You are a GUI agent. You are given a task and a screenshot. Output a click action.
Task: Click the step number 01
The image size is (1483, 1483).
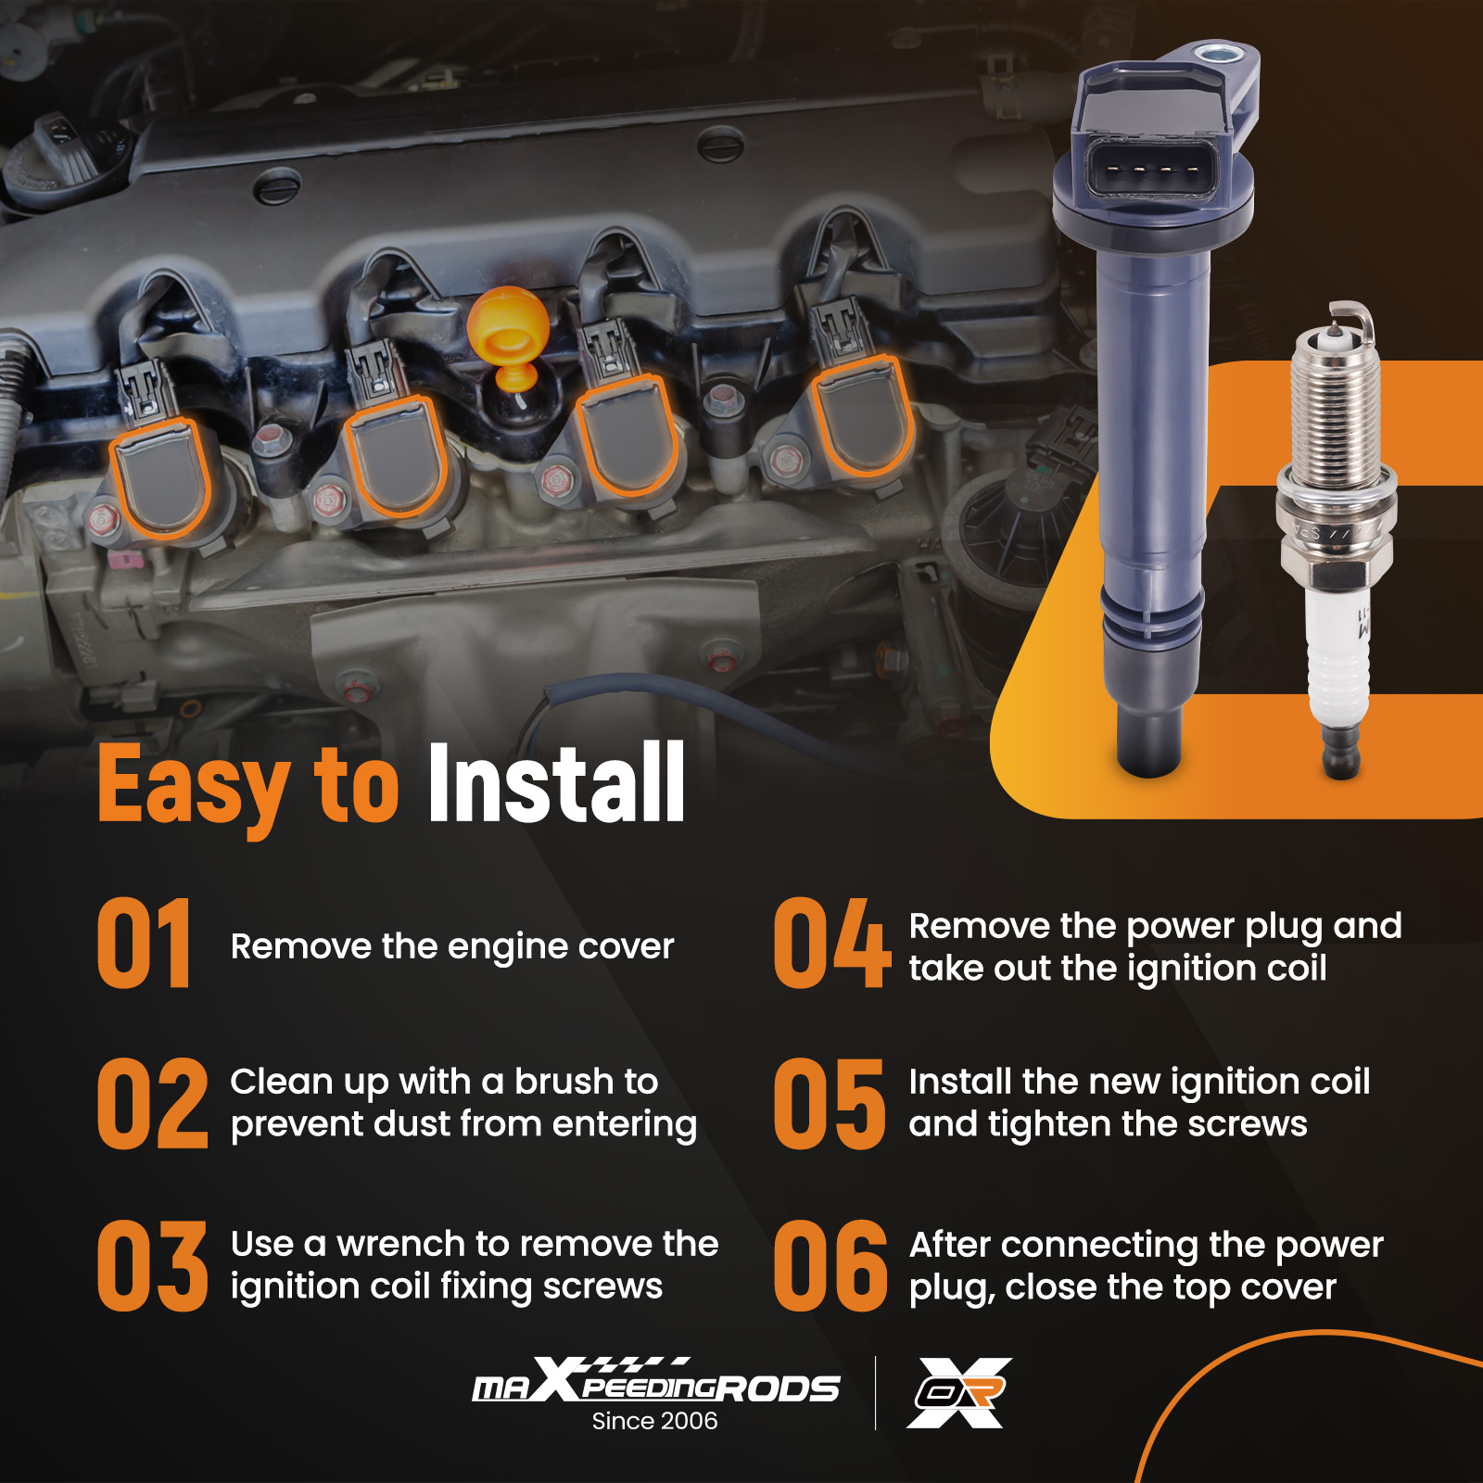pos(145,944)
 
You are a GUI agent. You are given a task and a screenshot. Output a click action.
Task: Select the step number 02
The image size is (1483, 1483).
pos(153,1104)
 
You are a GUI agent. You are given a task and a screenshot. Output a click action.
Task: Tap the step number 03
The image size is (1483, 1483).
pos(153,1266)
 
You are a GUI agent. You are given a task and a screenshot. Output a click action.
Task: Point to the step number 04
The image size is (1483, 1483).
pos(831,944)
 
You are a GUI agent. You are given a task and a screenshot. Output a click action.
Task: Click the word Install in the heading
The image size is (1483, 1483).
pos(556,783)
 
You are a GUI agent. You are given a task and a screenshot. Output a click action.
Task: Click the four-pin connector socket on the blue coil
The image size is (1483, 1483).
pos(1153,169)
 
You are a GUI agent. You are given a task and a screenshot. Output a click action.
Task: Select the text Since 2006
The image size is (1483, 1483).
pos(654,1421)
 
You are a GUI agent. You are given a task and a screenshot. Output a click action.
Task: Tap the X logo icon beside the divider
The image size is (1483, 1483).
pos(958,1392)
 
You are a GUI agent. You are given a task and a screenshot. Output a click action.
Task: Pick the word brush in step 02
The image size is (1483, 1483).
pos(564,1082)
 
